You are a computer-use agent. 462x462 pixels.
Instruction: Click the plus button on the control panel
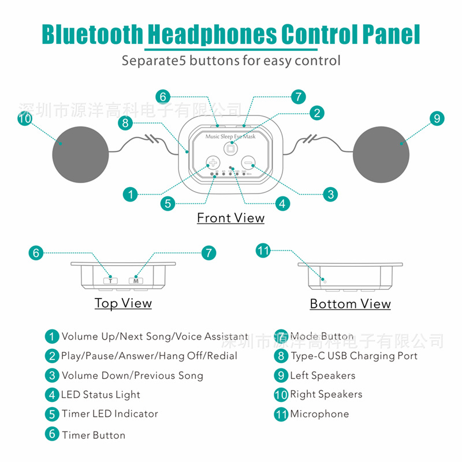213,163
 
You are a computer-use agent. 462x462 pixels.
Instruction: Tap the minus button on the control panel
248,163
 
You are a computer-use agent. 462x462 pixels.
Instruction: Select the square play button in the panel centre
230,148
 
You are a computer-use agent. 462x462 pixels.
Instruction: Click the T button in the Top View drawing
110,281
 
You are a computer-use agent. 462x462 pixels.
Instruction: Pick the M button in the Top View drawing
136,281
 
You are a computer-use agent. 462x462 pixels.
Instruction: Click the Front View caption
230,218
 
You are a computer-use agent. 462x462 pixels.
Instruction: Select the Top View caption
123,303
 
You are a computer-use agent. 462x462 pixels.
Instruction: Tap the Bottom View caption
350,304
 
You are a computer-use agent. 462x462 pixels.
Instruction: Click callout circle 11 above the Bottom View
263,251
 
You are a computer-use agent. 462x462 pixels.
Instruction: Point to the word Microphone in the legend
319,413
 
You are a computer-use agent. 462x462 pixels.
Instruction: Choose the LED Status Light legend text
100,395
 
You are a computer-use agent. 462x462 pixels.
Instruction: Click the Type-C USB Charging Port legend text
353,356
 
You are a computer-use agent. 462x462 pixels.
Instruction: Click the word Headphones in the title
213,35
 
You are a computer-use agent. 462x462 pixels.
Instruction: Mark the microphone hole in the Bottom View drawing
325,281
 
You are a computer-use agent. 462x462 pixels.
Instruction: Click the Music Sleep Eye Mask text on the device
230,136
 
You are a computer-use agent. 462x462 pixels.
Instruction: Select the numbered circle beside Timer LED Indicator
52,414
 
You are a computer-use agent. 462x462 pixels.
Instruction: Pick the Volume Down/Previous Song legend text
132,375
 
